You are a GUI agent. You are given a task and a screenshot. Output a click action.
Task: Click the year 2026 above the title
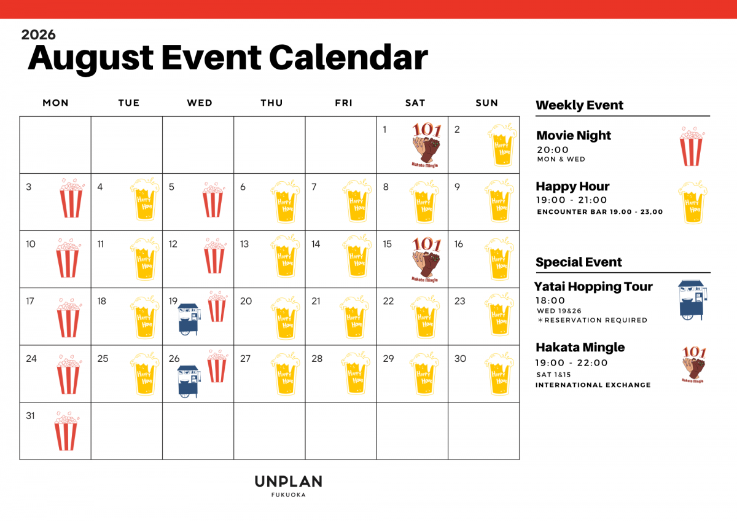[39, 34]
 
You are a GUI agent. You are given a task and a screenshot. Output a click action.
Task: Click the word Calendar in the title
[348, 58]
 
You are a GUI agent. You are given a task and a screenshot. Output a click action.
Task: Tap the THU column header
[271, 103]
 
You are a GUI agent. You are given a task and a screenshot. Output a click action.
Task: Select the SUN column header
[486, 103]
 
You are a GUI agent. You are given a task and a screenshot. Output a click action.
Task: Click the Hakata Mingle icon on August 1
[426, 145]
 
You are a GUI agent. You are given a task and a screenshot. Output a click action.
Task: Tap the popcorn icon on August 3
[71, 198]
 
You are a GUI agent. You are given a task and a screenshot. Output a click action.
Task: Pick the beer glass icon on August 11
[145, 259]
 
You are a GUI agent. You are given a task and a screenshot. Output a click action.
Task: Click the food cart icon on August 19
[189, 319]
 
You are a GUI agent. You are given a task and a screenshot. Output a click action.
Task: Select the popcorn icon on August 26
[217, 366]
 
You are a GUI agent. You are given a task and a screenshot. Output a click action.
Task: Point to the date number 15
[388, 244]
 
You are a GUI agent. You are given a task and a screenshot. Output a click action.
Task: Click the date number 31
[30, 416]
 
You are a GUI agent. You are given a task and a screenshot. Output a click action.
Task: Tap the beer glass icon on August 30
[499, 374]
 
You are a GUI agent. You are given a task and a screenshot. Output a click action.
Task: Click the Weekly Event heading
[579, 105]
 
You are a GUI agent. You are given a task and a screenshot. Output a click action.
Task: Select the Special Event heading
[579, 262]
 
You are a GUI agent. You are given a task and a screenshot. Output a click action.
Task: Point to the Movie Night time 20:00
[553, 150]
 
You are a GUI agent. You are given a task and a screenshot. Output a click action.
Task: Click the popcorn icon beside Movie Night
[692, 146]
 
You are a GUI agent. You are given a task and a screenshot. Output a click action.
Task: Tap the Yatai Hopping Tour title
[593, 286]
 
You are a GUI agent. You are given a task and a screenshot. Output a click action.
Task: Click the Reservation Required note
[592, 320]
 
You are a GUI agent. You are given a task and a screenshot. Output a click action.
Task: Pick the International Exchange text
[593, 385]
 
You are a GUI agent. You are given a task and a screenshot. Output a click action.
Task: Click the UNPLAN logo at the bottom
[289, 486]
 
